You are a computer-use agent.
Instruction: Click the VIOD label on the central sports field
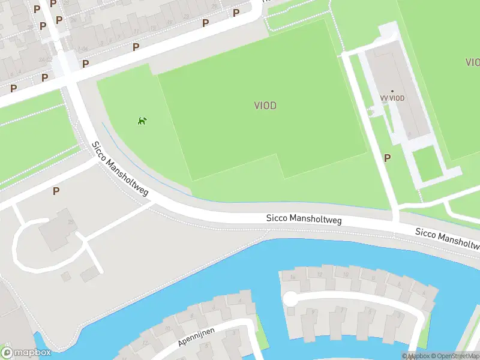point(265,106)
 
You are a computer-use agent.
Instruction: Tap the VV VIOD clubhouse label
point(392,98)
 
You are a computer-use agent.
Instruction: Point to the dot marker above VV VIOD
point(392,91)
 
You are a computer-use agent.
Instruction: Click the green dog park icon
point(142,121)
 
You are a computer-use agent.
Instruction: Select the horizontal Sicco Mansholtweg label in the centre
point(304,220)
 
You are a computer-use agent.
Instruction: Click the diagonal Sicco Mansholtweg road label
point(120,169)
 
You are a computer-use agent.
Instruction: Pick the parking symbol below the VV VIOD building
point(387,158)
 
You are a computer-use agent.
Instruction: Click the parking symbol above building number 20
point(56,191)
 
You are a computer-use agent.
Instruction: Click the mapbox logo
point(26,352)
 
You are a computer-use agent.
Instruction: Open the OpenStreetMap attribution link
point(457,356)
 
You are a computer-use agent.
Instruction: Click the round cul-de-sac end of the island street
point(290,298)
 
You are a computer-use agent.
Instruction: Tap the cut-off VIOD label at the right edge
point(472,62)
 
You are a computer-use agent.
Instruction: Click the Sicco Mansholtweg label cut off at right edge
point(448,239)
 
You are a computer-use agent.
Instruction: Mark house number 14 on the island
point(293,277)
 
